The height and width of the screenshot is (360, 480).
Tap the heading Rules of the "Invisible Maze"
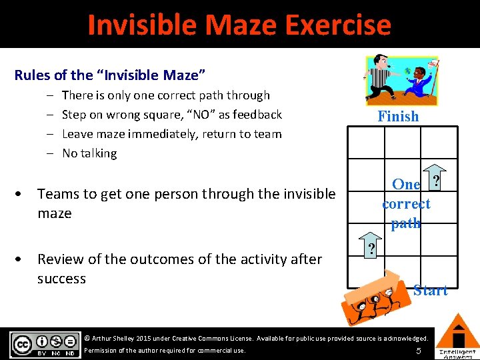click(x=109, y=75)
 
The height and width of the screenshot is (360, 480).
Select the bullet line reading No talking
click(x=89, y=153)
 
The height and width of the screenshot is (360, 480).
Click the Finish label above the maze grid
click(x=398, y=116)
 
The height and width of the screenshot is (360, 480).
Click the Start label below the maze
click(x=430, y=290)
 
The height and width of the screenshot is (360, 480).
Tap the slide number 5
click(x=418, y=350)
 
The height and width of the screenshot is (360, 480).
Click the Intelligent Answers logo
click(x=457, y=336)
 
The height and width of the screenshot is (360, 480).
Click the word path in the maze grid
click(x=406, y=223)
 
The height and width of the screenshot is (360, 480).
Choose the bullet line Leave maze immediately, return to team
click(x=171, y=134)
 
